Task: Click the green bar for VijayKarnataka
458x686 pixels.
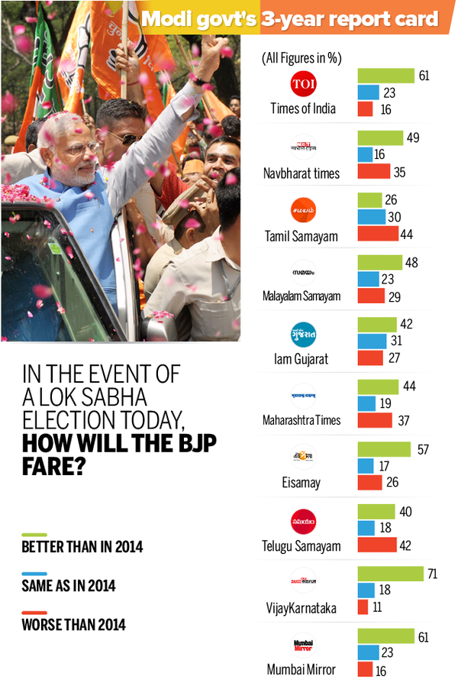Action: [x=390, y=573]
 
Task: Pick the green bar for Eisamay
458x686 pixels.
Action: [x=384, y=449]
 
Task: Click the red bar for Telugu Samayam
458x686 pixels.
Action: [x=377, y=545]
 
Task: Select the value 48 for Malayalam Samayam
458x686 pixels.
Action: [x=411, y=262]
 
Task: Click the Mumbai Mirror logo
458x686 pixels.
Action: [x=303, y=646]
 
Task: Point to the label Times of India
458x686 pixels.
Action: [x=303, y=108]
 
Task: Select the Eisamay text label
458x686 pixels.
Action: [x=303, y=483]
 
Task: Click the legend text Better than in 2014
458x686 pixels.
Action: [x=82, y=547]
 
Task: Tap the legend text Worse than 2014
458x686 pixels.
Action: [x=74, y=625]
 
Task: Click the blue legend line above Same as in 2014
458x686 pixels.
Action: [x=34, y=573]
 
